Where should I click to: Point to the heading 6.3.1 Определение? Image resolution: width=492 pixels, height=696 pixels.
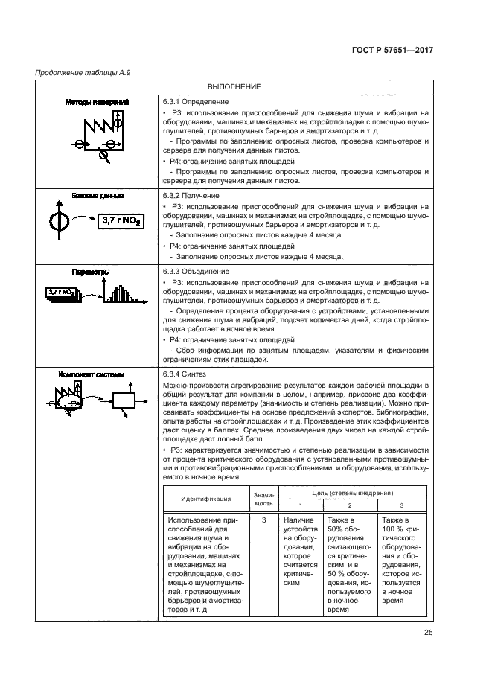(x=195, y=101)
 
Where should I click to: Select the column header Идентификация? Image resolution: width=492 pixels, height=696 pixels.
(x=205, y=499)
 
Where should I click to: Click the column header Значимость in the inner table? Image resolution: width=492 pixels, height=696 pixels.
(x=263, y=499)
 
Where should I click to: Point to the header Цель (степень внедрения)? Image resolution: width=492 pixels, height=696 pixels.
(x=353, y=492)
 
